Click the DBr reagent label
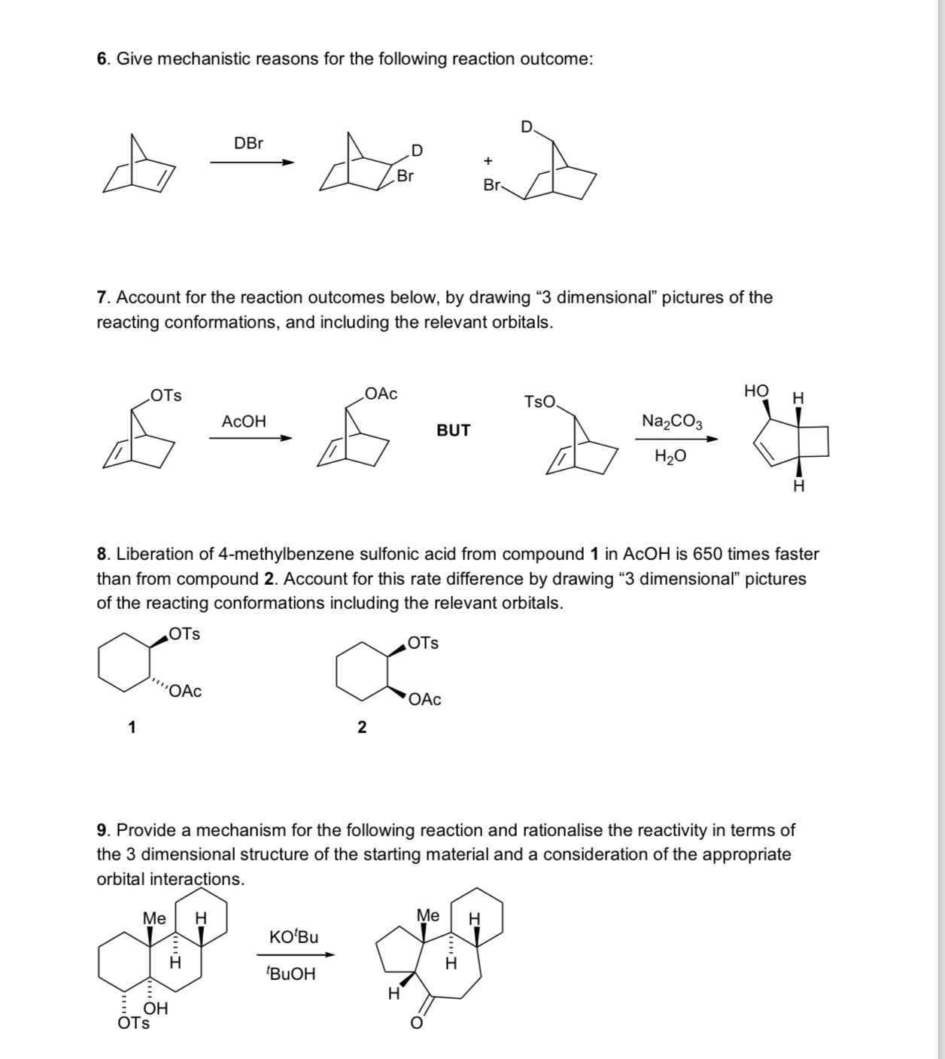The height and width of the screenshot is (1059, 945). [x=248, y=143]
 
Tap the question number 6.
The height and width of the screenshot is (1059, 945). [x=102, y=59]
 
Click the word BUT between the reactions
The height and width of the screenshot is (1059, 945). [x=453, y=431]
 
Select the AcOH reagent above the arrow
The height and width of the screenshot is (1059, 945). [x=244, y=421]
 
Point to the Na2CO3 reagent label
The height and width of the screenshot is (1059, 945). [x=672, y=421]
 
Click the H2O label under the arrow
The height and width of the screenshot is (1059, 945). [x=670, y=456]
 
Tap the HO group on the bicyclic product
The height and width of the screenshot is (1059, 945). [x=756, y=391]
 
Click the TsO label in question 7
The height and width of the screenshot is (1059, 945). [x=540, y=402]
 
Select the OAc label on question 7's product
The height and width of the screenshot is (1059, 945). [x=381, y=394]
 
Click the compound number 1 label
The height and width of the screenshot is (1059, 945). [x=132, y=727]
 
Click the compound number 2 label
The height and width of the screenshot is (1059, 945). [x=362, y=727]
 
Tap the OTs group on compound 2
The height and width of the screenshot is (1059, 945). [x=423, y=643]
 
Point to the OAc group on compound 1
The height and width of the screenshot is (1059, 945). [x=185, y=691]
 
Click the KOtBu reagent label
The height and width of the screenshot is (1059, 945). [x=293, y=937]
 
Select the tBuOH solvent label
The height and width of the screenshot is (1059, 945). [x=291, y=974]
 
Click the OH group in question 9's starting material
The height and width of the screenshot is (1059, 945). [x=156, y=1009]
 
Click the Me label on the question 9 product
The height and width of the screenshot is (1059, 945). [x=427, y=915]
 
